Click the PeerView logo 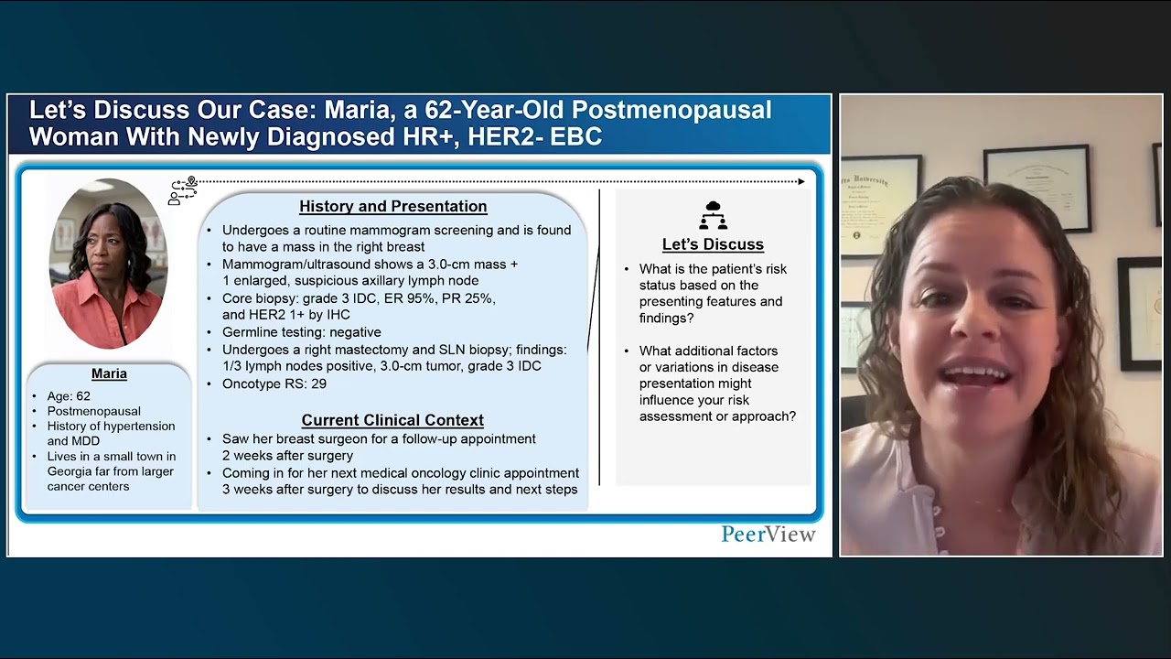[x=768, y=535]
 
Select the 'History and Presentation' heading [x=392, y=207]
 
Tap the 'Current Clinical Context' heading [x=392, y=420]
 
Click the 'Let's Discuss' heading [x=713, y=244]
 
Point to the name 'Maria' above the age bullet [x=109, y=374]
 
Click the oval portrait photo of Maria [x=108, y=264]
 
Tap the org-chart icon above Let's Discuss [x=713, y=215]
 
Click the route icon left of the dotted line [x=183, y=190]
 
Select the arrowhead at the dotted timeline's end [x=801, y=181]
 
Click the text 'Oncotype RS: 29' [x=274, y=384]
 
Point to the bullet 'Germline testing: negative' [x=302, y=332]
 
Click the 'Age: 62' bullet [x=69, y=396]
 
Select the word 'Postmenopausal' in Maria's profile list [x=92, y=411]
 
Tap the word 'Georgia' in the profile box [x=72, y=471]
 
